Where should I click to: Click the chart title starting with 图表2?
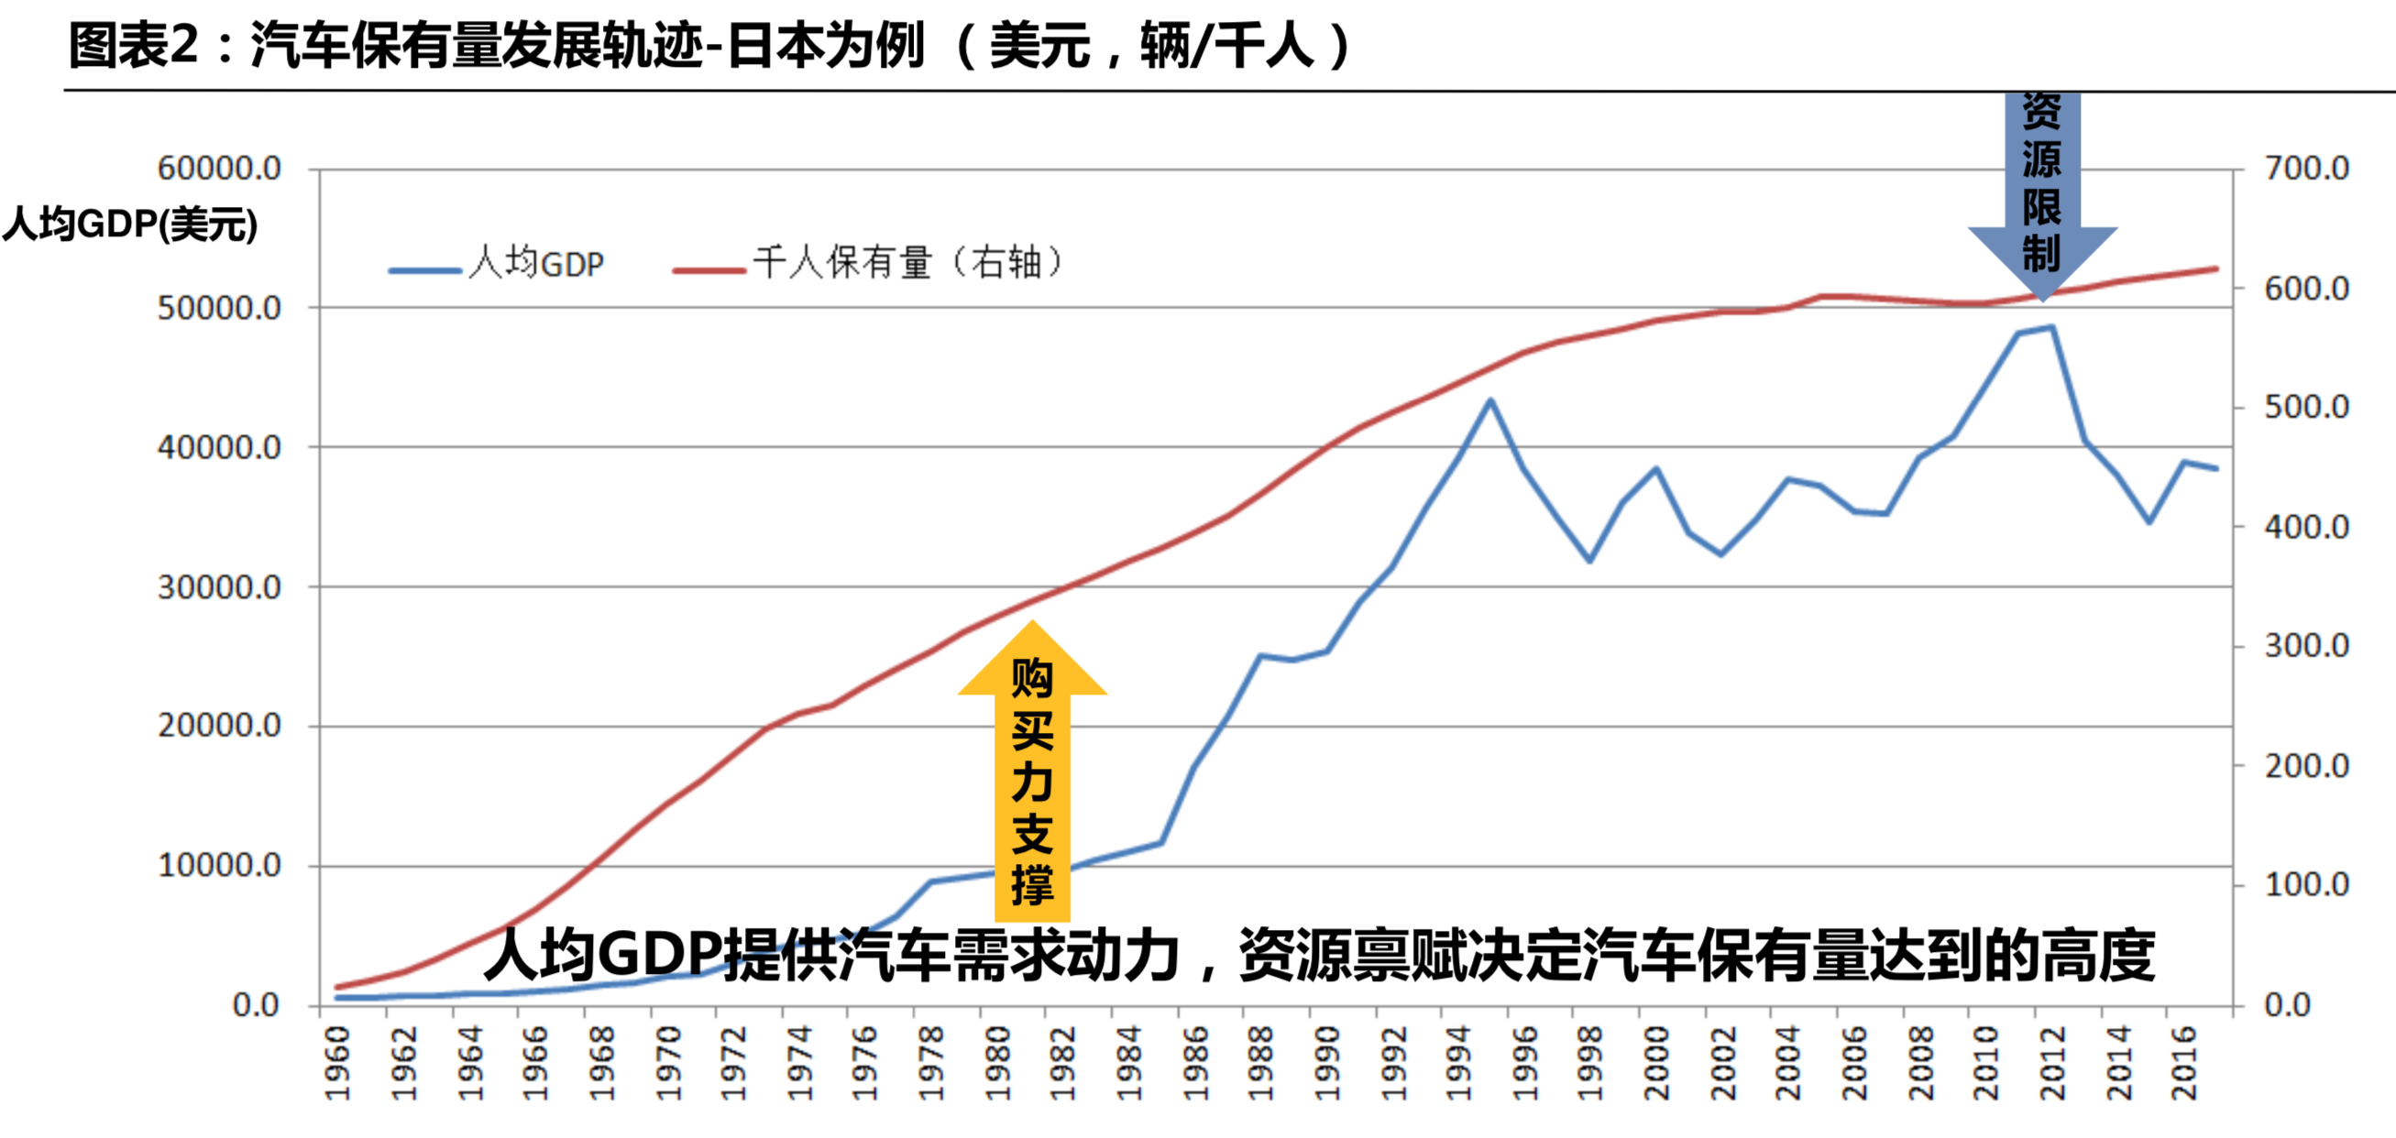[x=707, y=47]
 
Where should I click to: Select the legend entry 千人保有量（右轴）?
[x=907, y=264]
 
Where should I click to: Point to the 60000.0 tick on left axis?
[x=219, y=169]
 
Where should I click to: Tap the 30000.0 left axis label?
[x=219, y=587]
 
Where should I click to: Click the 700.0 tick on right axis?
[x=2307, y=169]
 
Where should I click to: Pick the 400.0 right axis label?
[x=2307, y=527]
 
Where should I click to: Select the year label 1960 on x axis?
[x=337, y=1064]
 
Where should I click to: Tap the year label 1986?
[x=1195, y=1064]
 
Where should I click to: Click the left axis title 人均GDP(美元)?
[x=130, y=224]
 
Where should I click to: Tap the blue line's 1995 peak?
[x=1490, y=400]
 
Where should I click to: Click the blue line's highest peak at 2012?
[x=2051, y=327]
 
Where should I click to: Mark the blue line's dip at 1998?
[x=1589, y=561]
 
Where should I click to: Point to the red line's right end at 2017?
[x=2216, y=268]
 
